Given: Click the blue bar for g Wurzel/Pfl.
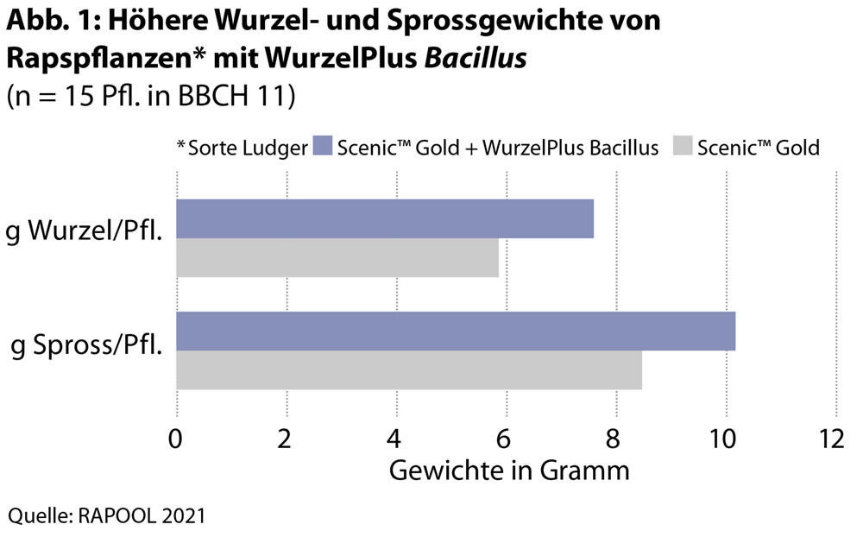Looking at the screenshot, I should (x=385, y=218).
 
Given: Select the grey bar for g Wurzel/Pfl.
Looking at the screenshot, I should (x=337, y=257).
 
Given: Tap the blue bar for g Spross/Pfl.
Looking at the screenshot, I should (x=456, y=332).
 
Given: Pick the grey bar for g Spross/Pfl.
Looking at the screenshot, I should (x=409, y=370).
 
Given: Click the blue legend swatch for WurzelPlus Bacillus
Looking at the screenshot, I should (x=324, y=147).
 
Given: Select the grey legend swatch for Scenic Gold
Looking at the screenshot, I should (x=680, y=147).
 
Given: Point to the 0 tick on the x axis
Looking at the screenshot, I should (x=177, y=439).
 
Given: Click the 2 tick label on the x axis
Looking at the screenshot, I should (x=287, y=439).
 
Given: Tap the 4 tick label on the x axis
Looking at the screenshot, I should (x=396, y=439).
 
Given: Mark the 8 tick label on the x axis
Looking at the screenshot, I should (x=616, y=439).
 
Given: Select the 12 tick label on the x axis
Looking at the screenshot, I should (x=833, y=439).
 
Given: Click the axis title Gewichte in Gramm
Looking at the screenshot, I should (x=509, y=471).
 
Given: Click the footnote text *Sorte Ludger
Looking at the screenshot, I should (x=243, y=148).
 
